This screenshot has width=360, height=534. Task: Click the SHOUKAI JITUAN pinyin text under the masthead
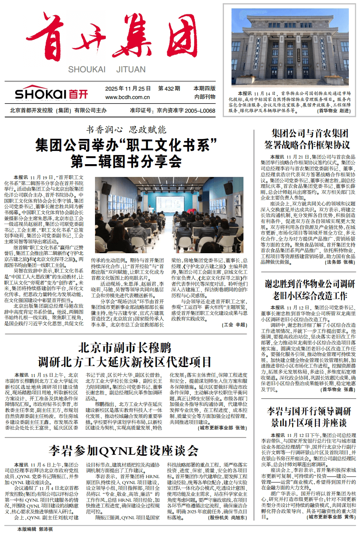tap(107, 69)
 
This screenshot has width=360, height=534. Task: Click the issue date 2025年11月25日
tap(128, 89)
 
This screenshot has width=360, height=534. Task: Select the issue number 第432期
tap(169, 89)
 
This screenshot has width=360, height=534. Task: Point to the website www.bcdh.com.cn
tap(128, 97)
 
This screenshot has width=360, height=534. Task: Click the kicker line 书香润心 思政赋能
tap(126, 130)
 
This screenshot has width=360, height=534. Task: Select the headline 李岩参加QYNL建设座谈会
tap(123, 451)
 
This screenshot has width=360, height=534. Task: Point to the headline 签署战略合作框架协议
tap(307, 144)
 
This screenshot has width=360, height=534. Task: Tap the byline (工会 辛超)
tap(234, 325)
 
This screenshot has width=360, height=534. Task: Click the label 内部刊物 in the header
tap(205, 97)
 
